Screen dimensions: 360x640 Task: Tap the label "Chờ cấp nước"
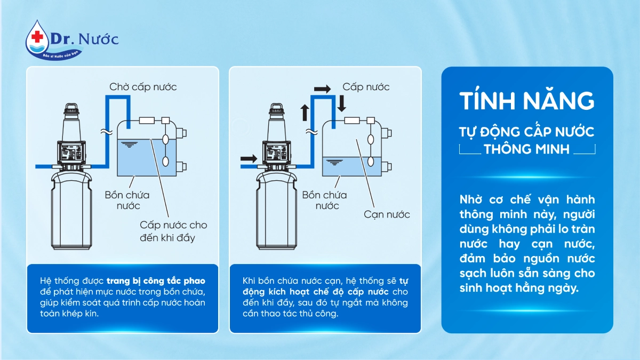[143, 87]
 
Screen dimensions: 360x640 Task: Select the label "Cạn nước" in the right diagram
[387, 214]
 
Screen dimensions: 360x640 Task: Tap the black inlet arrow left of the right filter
[249, 158]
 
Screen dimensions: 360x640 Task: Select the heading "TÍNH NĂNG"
[526, 101]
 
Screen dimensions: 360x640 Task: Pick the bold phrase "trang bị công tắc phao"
[156, 281]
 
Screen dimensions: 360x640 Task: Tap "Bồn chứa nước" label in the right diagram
[324, 200]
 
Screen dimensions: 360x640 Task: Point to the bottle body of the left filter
[71, 211]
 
